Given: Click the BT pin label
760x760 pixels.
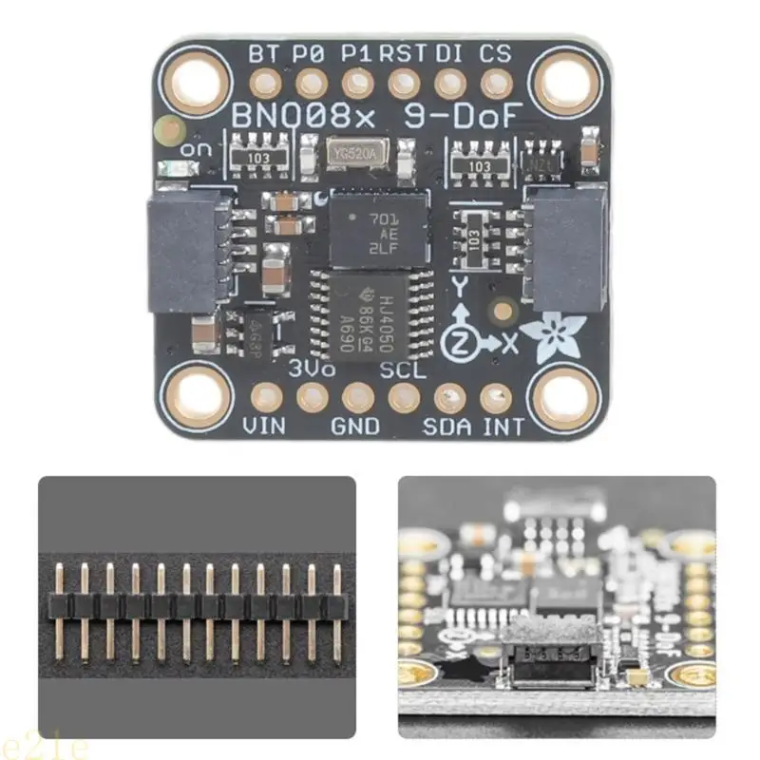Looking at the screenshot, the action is pos(262,53).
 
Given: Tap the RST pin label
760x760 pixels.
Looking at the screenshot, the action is pos(403,53).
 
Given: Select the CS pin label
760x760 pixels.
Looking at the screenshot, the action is pos(495,53).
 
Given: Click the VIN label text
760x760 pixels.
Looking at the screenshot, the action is pos(265,427).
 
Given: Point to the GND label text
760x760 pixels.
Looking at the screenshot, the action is pos(356,427).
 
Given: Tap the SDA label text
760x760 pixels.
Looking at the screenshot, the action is pos(447,427).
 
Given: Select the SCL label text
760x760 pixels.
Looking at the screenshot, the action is pos(403,370).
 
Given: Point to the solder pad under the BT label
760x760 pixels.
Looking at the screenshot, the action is pos(265,83).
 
